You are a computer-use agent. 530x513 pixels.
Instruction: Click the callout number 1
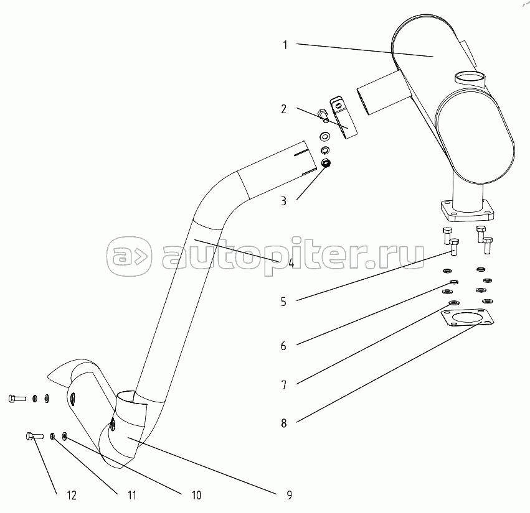pos(285,45)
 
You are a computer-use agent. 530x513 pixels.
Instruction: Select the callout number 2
pos(283,109)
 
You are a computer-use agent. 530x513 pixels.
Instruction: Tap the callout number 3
pos(283,201)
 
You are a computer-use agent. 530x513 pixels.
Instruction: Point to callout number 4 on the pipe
pos(290,262)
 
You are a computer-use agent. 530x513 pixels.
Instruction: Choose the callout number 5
pos(283,302)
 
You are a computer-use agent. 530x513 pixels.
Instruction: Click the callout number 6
pos(283,346)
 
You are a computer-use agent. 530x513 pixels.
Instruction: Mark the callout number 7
pos(283,385)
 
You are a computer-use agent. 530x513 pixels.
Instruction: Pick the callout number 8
pos(283,423)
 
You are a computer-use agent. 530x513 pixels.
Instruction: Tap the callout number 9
pos(290,495)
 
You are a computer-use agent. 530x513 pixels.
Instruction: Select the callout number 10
pos(196,495)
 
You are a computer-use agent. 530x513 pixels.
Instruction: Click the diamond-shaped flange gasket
pos(467,318)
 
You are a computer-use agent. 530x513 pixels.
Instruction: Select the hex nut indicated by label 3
pos(326,164)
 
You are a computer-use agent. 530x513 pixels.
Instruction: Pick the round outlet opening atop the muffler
pos(470,78)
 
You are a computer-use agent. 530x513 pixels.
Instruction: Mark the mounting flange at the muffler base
pos(468,211)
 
